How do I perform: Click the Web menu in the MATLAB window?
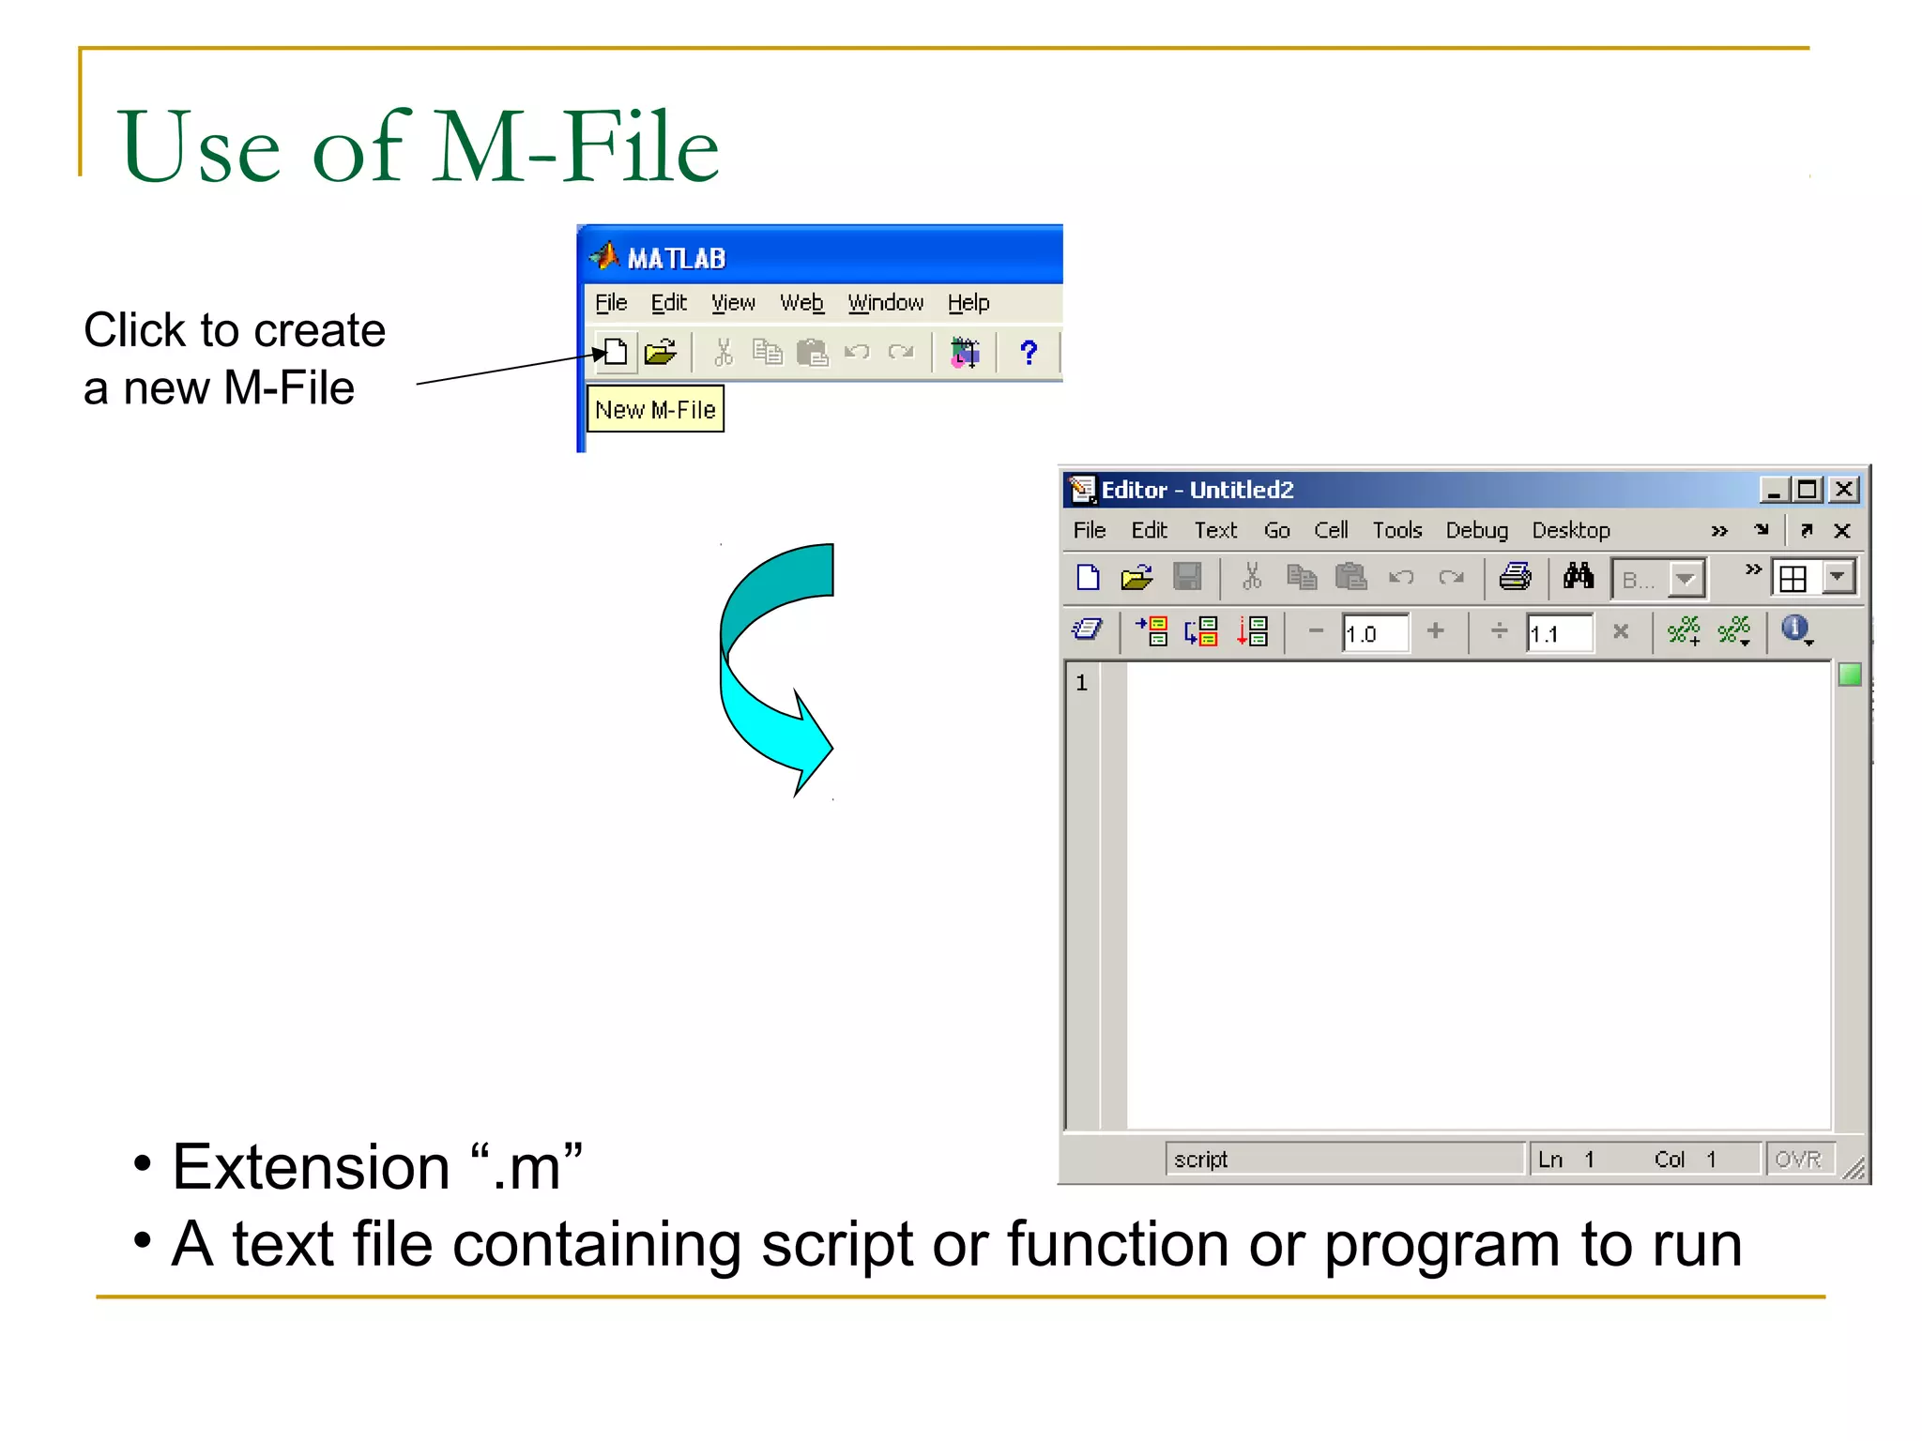(801, 303)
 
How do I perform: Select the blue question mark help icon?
(1029, 353)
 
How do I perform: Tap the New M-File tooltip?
(655, 410)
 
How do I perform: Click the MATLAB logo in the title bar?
(604, 255)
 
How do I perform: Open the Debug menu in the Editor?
(1476, 530)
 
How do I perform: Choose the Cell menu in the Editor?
(1331, 530)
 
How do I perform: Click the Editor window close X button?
(1844, 490)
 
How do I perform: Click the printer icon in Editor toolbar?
(1515, 577)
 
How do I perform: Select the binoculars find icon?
(1579, 577)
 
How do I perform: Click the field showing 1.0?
(1373, 633)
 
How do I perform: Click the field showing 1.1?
(1558, 633)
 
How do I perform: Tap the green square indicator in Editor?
(1849, 675)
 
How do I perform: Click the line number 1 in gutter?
(1082, 683)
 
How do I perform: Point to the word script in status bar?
(1200, 1160)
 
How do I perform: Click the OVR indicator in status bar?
(1797, 1160)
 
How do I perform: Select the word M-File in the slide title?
(576, 147)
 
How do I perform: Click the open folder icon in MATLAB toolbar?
(661, 353)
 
